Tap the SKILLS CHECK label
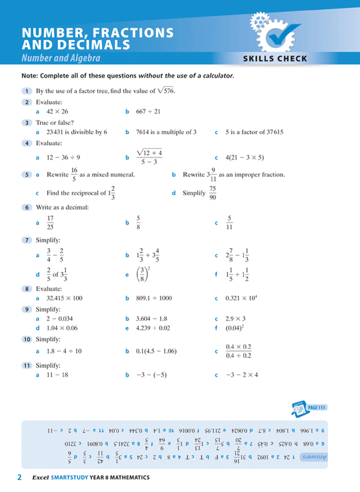click(x=275, y=58)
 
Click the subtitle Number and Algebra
click(x=61, y=58)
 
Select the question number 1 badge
click(x=26, y=91)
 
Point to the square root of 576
click(x=165, y=91)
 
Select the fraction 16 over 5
click(x=74, y=174)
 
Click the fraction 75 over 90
click(x=213, y=192)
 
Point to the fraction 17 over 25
click(x=50, y=223)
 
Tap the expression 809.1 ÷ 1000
click(x=154, y=298)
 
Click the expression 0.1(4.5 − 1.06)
click(x=156, y=351)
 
